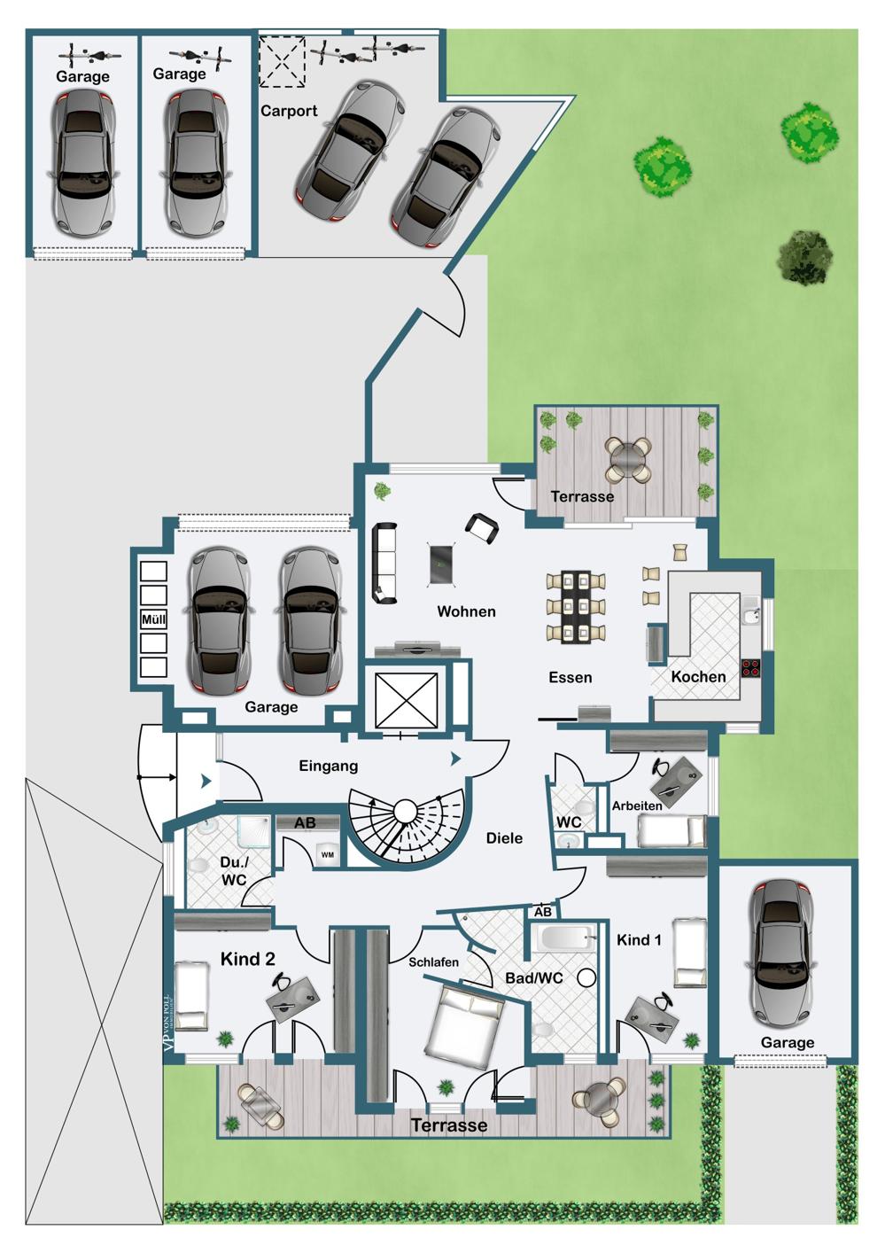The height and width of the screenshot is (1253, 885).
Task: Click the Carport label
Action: pos(289,111)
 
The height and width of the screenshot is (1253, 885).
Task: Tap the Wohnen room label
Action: pos(466,611)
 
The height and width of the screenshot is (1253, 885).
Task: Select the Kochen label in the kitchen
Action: pos(698,677)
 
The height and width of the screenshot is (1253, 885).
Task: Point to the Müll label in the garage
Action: pos(153,619)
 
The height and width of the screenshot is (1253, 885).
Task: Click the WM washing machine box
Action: pos(327,855)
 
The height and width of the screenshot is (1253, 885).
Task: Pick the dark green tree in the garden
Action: pos(804,257)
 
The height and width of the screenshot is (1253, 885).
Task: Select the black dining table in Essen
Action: pos(576,606)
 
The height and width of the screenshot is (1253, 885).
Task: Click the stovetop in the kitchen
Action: pos(750,668)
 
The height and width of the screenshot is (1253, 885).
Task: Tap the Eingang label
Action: pos(328,766)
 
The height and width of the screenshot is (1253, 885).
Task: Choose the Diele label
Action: pos(504,838)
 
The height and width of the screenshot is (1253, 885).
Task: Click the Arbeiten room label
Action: pos(636,805)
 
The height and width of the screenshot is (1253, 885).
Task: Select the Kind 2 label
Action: pos(248,959)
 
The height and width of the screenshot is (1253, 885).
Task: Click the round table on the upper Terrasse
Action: pos(628,455)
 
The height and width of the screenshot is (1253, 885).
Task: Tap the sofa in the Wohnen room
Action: pos(384,564)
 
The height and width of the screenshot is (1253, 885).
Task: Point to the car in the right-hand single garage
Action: pos(782,957)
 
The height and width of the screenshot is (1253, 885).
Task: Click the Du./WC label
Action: pos(233,871)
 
